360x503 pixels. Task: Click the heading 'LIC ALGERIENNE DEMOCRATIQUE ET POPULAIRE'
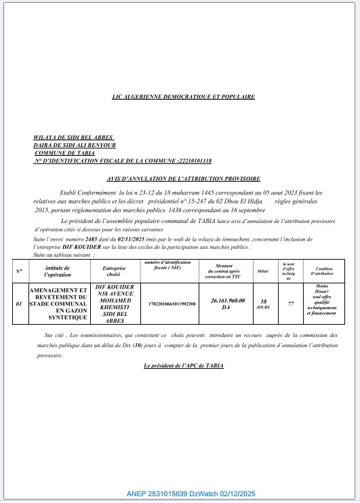[183, 97]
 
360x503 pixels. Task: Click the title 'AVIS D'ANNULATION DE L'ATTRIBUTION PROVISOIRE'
[183, 178]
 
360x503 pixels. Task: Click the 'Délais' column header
[263, 270]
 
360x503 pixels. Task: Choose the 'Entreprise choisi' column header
[114, 271]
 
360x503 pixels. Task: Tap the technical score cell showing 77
[290, 304]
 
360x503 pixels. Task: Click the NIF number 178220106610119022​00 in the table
[167, 304]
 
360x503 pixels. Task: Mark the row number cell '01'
[19, 304]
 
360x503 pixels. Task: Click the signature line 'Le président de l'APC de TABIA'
[183, 366]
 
